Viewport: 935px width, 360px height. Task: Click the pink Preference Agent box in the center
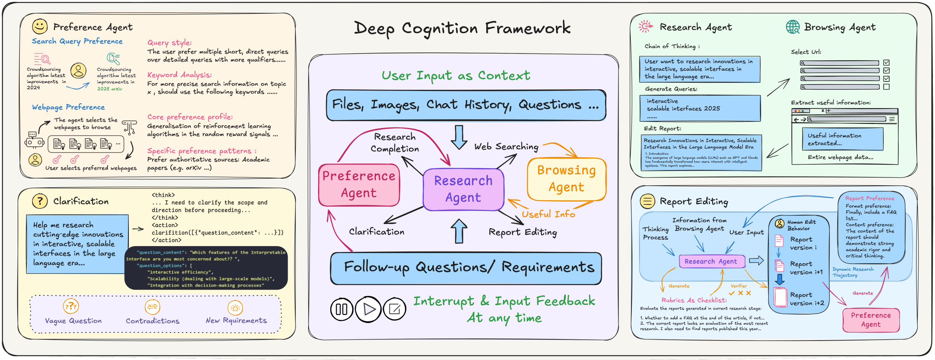click(359, 185)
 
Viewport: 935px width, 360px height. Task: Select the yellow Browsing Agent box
click(566, 179)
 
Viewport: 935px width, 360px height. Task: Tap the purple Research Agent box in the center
click(463, 189)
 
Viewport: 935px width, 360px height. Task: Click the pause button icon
click(341, 309)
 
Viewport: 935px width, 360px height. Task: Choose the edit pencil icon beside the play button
click(394, 309)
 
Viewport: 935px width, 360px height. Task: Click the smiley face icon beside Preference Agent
click(40, 26)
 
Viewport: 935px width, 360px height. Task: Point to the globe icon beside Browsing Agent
click(793, 27)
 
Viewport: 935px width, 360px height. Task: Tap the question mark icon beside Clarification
click(40, 201)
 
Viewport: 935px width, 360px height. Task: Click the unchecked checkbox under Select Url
click(887, 87)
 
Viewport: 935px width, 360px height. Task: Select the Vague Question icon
click(71, 306)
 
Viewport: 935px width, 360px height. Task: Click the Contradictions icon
click(153, 307)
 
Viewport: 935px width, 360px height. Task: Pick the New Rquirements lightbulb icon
click(235, 308)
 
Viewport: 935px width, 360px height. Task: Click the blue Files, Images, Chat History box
click(466, 105)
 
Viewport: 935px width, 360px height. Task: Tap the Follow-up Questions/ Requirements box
click(466, 268)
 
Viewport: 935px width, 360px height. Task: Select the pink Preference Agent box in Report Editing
click(871, 320)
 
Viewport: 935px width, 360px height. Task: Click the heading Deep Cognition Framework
click(462, 28)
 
